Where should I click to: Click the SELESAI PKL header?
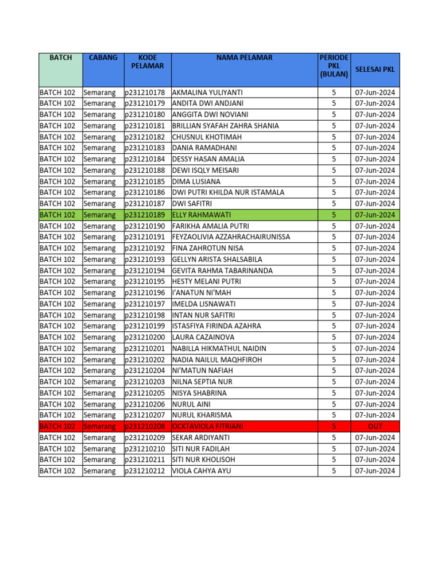[x=375, y=69]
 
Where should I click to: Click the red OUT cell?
[x=375, y=427]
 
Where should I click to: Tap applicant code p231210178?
[x=145, y=92]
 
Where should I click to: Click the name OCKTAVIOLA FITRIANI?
[x=207, y=427]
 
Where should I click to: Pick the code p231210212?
[x=145, y=471]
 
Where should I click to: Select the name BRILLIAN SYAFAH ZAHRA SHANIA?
[x=225, y=126]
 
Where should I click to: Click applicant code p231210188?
[x=145, y=171]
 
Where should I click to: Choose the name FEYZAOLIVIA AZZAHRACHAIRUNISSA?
[x=231, y=237]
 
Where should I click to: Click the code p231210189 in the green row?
[x=145, y=215]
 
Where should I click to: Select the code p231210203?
[x=145, y=382]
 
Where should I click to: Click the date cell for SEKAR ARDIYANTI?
[x=375, y=438]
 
